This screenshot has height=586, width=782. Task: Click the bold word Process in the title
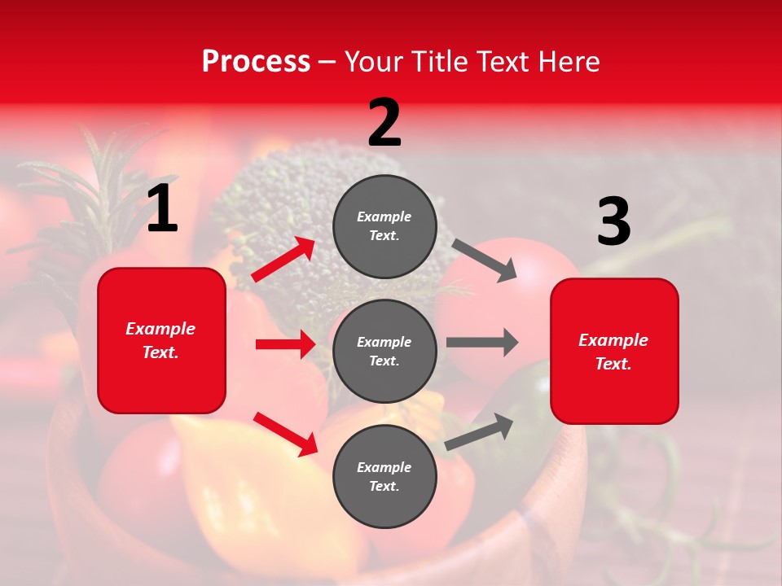[256, 62]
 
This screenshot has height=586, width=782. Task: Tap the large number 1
[162, 209]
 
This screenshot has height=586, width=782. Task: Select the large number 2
[384, 123]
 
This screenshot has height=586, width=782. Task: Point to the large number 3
[613, 222]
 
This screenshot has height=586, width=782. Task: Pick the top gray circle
[384, 226]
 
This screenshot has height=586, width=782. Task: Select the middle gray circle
[384, 352]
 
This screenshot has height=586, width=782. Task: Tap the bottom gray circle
[384, 477]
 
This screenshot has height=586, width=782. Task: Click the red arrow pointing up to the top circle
[283, 260]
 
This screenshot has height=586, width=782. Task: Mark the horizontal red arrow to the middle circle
[285, 344]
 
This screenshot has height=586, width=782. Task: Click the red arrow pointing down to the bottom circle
[286, 434]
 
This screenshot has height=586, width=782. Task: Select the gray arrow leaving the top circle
[485, 260]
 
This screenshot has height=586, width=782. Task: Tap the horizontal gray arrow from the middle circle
[482, 342]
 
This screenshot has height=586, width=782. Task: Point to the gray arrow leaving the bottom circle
[480, 432]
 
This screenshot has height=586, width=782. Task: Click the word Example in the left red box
[160, 329]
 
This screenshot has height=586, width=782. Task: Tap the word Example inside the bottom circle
[384, 467]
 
